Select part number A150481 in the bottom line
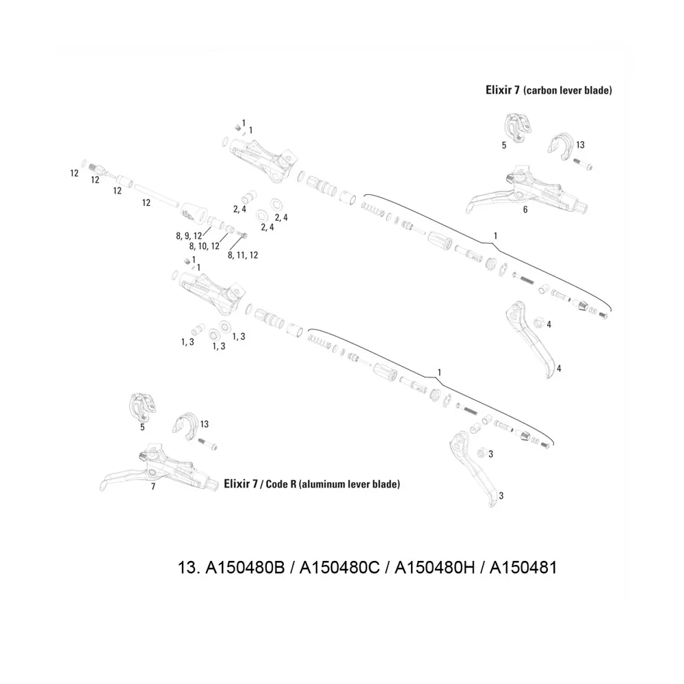tap(521, 568)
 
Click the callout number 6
tap(525, 210)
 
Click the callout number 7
tap(153, 487)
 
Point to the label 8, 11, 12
tap(243, 255)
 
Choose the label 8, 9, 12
tap(189, 236)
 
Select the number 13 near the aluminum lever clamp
tap(204, 425)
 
